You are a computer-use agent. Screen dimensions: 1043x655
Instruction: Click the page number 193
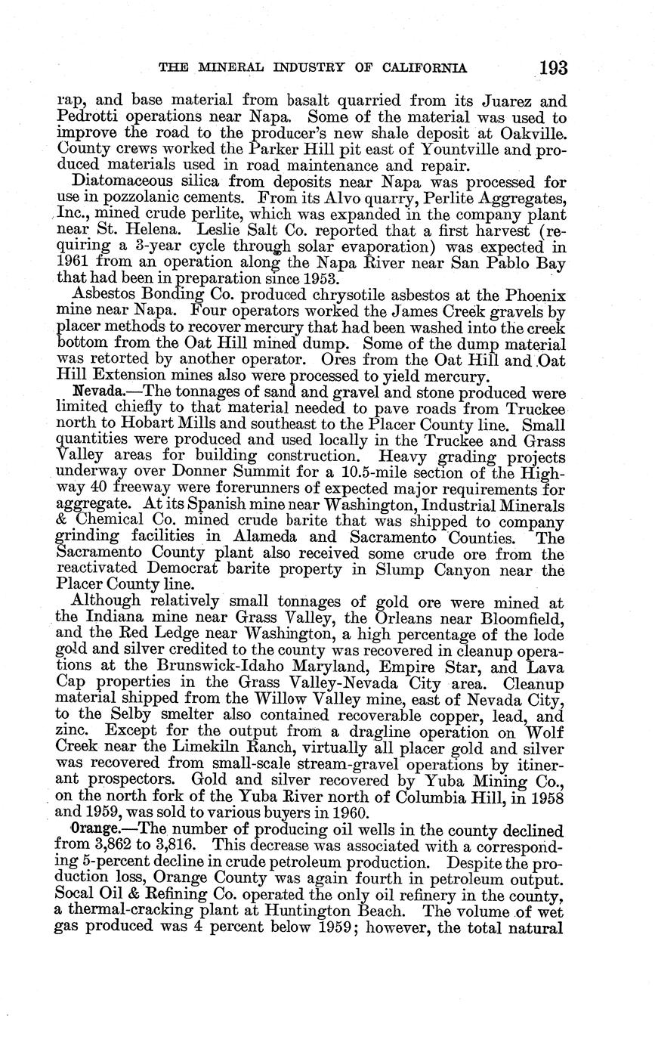[553, 67]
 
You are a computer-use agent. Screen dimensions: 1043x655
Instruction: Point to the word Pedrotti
[84, 116]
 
